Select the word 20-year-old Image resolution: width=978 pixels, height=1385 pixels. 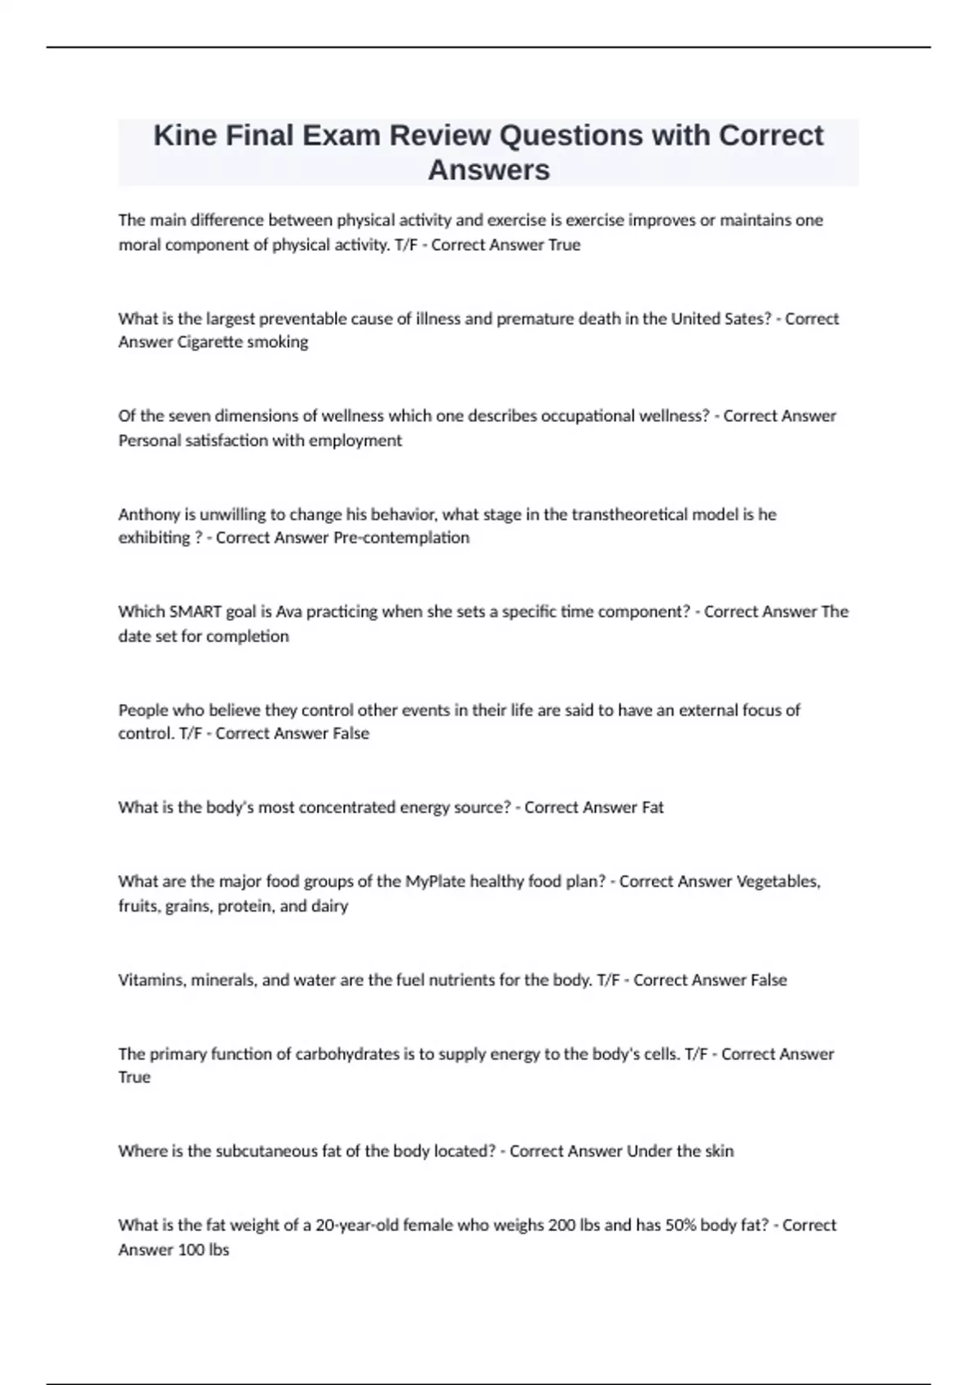click(359, 1225)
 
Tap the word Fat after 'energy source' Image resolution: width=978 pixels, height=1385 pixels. click(653, 807)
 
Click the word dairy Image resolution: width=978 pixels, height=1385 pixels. click(329, 906)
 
